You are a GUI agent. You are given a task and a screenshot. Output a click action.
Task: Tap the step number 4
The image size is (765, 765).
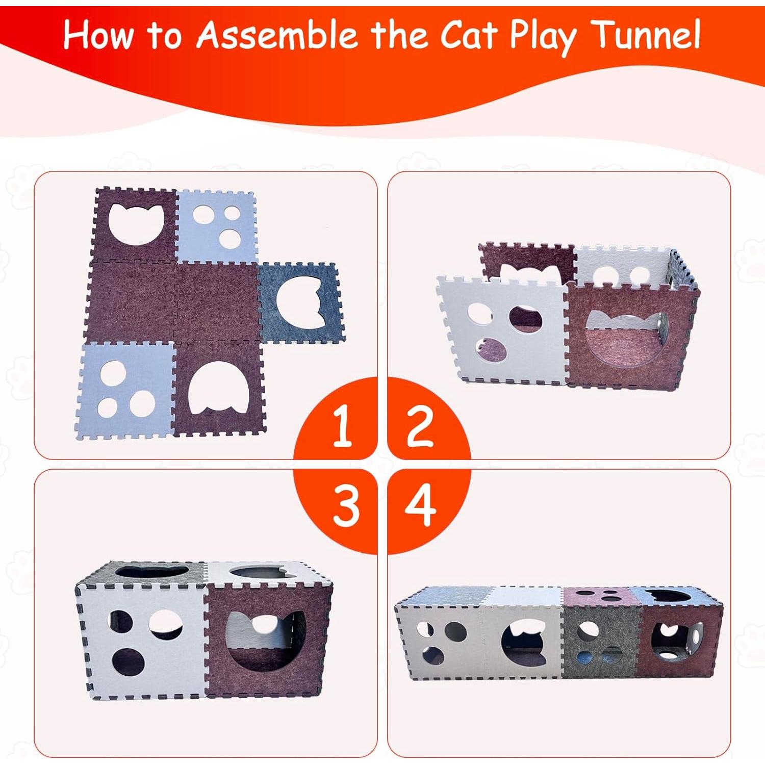(x=420, y=505)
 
